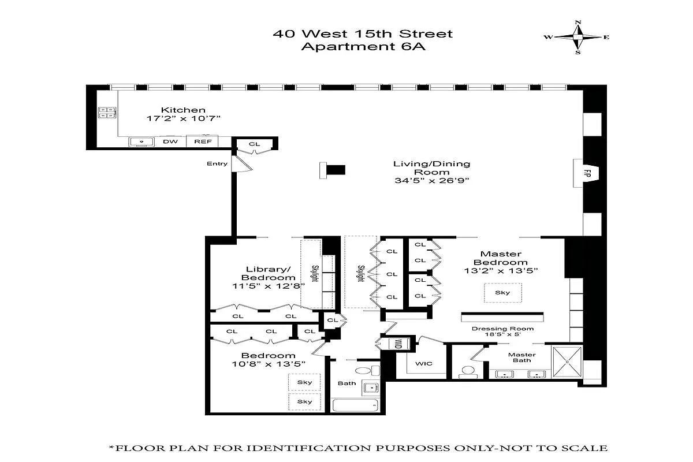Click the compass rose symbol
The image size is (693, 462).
pyautogui.click(x=577, y=37)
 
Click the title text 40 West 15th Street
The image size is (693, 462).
pyautogui.click(x=363, y=33)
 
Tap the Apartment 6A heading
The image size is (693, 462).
pyautogui.click(x=363, y=47)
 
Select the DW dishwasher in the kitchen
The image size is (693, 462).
pyautogui.click(x=170, y=141)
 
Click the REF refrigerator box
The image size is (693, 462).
pyautogui.click(x=202, y=141)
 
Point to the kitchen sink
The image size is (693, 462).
pyautogui.click(x=139, y=141)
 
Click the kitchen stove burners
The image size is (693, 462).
pyautogui.click(x=107, y=112)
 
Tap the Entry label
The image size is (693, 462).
pyautogui.click(x=217, y=164)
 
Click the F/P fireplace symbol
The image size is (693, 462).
pyautogui.click(x=586, y=173)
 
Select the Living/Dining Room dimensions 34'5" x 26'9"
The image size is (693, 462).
pyautogui.click(x=431, y=180)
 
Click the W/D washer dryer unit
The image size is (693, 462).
pyautogui.click(x=398, y=344)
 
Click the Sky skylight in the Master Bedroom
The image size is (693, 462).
pyautogui.click(x=502, y=293)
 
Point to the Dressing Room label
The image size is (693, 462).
pyautogui.click(x=502, y=329)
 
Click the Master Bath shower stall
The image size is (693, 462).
pyautogui.click(x=568, y=362)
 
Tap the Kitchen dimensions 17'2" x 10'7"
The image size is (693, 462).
pyautogui.click(x=183, y=118)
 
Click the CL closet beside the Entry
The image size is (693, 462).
pyautogui.click(x=255, y=144)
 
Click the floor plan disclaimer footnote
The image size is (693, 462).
pyautogui.click(x=358, y=448)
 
